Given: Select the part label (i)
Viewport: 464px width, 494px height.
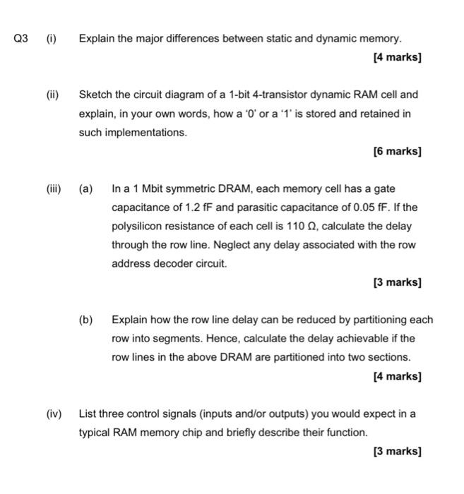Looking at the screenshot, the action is point(52,37).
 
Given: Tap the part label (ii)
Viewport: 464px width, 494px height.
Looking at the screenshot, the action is point(53,94).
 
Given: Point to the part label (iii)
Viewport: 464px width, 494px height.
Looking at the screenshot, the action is point(54,189).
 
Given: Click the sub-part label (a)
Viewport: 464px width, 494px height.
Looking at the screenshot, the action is point(85,189).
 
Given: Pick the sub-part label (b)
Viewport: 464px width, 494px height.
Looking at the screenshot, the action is point(85,319).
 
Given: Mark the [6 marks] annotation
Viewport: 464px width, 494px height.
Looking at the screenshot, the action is point(397,151).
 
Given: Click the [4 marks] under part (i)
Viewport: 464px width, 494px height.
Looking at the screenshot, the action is point(397,56).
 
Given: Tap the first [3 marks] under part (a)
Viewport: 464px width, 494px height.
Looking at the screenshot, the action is point(397,282).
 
